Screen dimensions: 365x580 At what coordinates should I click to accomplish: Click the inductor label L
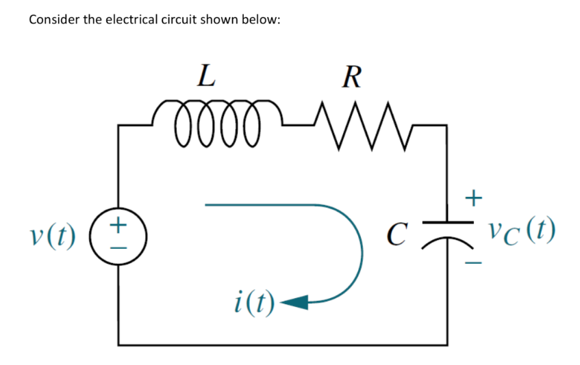click(x=204, y=75)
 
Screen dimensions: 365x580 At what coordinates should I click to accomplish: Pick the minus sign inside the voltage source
click(x=120, y=246)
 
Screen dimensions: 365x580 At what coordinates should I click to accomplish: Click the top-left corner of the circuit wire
click(x=120, y=126)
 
